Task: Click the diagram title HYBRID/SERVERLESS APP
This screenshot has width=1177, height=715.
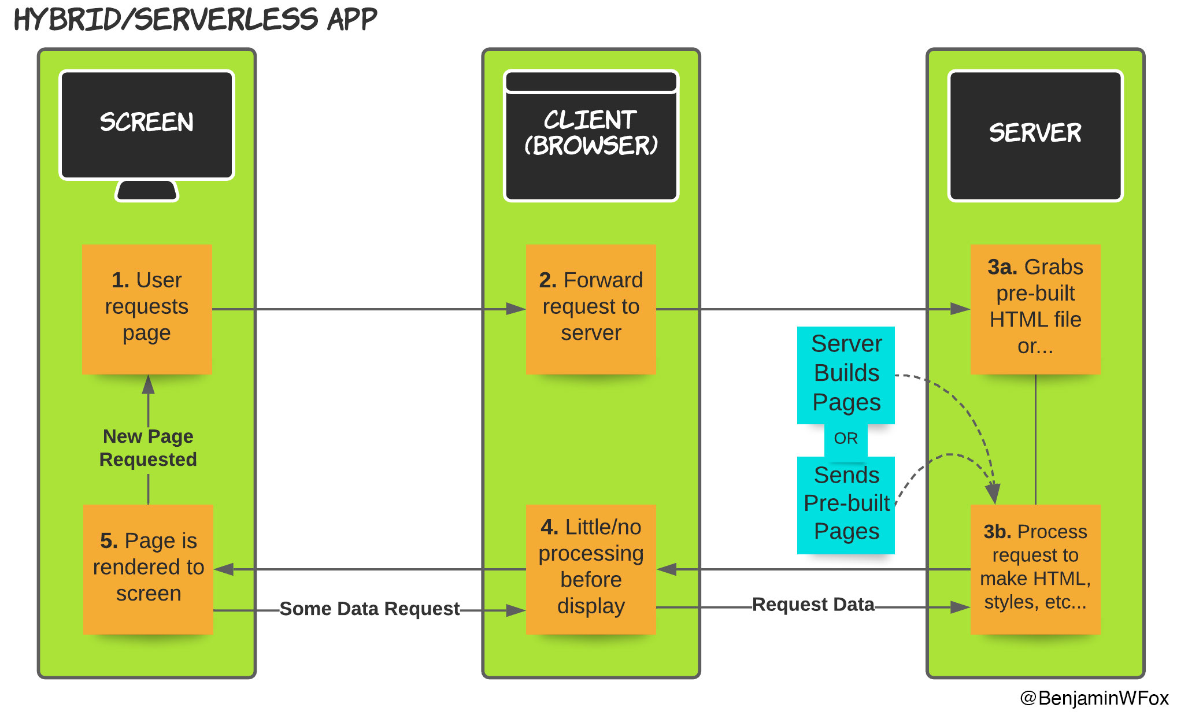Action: pyautogui.click(x=195, y=20)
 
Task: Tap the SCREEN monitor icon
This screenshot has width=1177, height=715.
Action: pyautogui.click(x=147, y=125)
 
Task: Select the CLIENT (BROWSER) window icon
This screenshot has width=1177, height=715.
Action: pyautogui.click(x=591, y=136)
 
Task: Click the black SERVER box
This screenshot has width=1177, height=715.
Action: pyautogui.click(x=1035, y=135)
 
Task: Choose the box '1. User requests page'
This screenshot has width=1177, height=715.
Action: pyautogui.click(x=147, y=309)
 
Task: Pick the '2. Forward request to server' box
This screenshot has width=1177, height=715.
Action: pyautogui.click(x=591, y=309)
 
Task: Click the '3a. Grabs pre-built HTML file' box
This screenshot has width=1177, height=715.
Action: pyautogui.click(x=1035, y=309)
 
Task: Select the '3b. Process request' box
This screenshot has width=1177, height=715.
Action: pyautogui.click(x=1035, y=569)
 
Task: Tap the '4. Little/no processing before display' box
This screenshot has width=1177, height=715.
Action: pyautogui.click(x=591, y=569)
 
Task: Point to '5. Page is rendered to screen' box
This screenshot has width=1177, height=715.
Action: pyautogui.click(x=148, y=569)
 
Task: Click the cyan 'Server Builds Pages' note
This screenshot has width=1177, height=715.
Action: pyautogui.click(x=846, y=375)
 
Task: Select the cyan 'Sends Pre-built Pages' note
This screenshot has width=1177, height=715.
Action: pyautogui.click(x=846, y=505)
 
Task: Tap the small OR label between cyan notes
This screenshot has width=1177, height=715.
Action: pyautogui.click(x=846, y=439)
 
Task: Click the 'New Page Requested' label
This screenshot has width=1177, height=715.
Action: pyautogui.click(x=148, y=448)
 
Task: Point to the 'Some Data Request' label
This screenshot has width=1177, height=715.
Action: pyautogui.click(x=369, y=609)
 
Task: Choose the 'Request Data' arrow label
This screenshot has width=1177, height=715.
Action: pyautogui.click(x=813, y=605)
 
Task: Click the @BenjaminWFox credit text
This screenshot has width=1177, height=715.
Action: pyautogui.click(x=1094, y=698)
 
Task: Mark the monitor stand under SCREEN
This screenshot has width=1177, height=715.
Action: pyautogui.click(x=147, y=190)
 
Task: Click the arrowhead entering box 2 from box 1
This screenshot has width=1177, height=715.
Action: pyautogui.click(x=516, y=309)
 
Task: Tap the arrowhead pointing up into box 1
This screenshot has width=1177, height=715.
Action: pyautogui.click(x=149, y=384)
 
